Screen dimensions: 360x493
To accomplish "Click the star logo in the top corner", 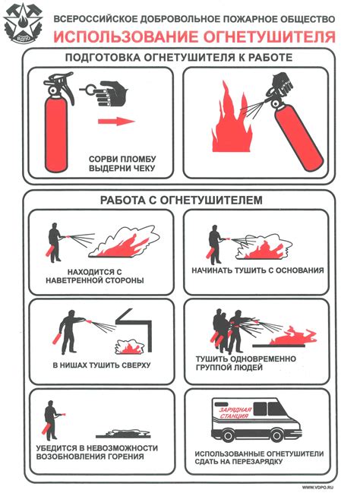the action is point(23,24).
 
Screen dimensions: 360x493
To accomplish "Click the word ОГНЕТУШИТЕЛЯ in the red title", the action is point(269,36).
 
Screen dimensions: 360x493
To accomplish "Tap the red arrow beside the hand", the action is point(116,121).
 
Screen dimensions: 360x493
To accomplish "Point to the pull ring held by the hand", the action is point(89,90).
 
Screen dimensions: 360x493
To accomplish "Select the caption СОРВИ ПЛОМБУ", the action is point(122,159).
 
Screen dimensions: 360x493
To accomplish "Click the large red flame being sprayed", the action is point(231,119).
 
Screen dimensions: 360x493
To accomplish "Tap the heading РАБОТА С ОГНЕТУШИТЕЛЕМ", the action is point(181,200).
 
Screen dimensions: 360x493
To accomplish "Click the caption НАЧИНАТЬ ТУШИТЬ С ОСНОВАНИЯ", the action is point(257,270).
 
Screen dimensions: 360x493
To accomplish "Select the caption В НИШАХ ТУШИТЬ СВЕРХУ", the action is point(102,365).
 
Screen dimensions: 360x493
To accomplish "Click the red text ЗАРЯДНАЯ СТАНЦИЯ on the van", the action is point(235,413).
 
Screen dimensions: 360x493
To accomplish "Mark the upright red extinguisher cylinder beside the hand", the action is point(56,134).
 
